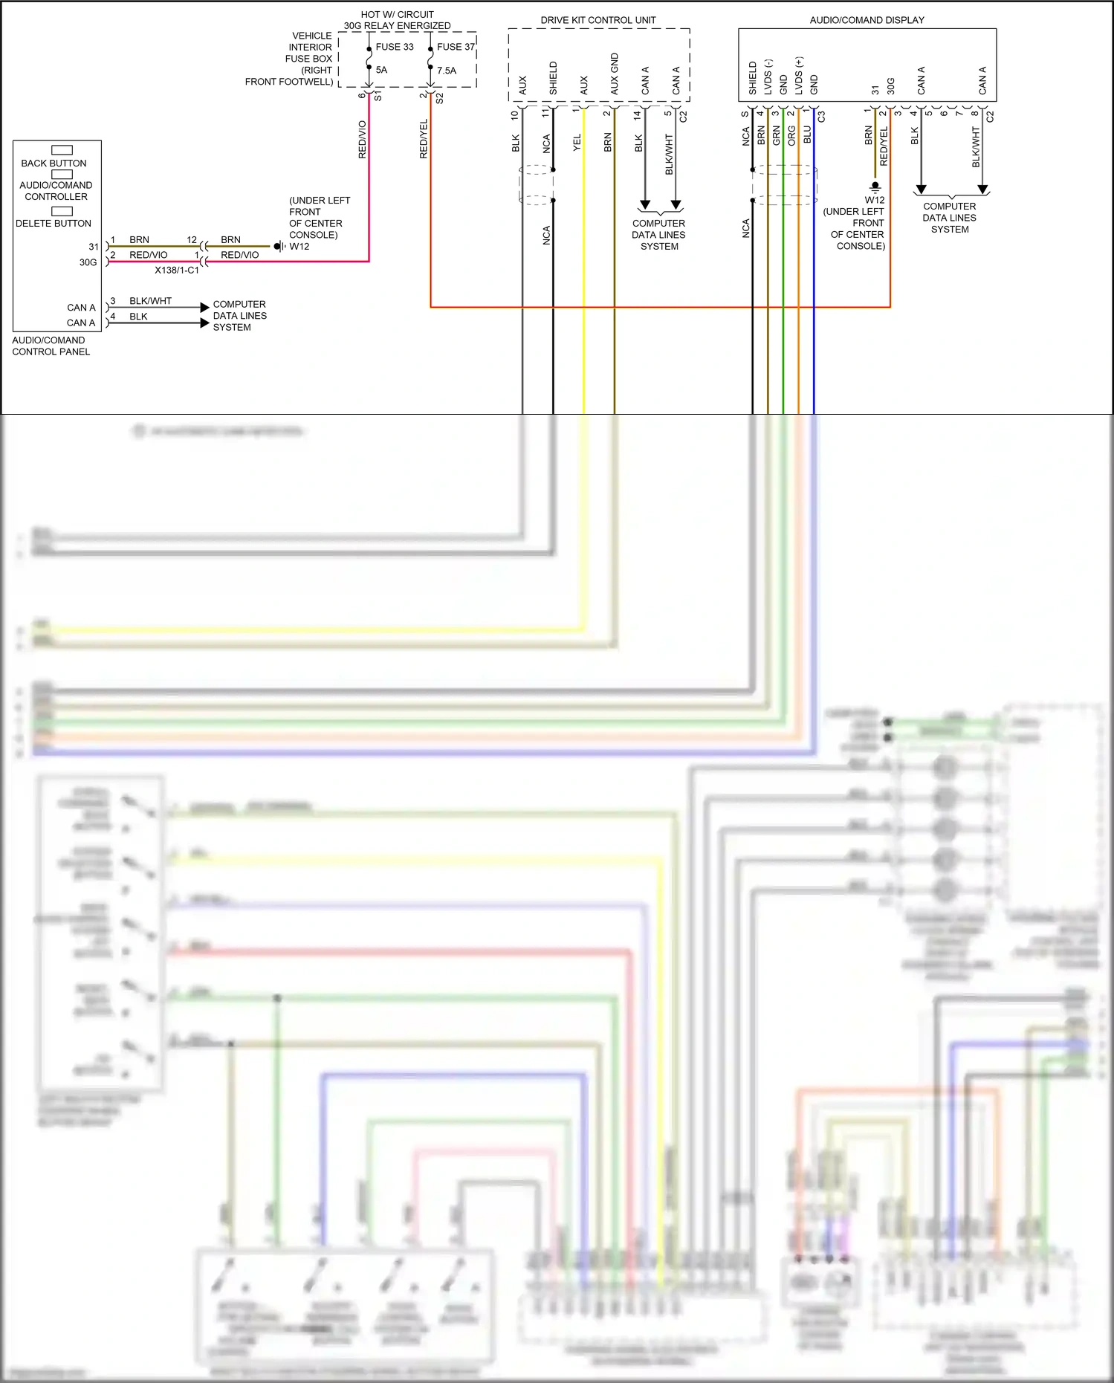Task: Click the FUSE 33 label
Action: (394, 47)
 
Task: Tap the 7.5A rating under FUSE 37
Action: (447, 71)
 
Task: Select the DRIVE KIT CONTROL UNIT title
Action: (598, 20)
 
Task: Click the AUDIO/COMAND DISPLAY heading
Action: (867, 20)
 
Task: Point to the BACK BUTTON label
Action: (54, 163)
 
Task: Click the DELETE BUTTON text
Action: (54, 223)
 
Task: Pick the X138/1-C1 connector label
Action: (177, 271)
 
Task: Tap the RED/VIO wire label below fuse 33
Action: (363, 140)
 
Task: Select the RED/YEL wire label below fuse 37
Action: (424, 139)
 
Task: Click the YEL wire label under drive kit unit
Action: (577, 143)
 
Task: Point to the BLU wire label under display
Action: (807, 135)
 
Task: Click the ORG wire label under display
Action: (791, 135)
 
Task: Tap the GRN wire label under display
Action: (776, 135)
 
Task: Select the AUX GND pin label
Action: (614, 74)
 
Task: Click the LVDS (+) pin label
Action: (799, 76)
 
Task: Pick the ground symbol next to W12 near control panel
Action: (279, 246)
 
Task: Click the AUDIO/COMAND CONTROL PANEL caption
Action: (51, 346)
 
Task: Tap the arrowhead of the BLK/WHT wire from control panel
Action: (204, 307)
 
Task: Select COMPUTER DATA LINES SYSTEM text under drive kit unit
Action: (658, 235)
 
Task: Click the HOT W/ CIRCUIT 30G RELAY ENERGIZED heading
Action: (397, 20)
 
